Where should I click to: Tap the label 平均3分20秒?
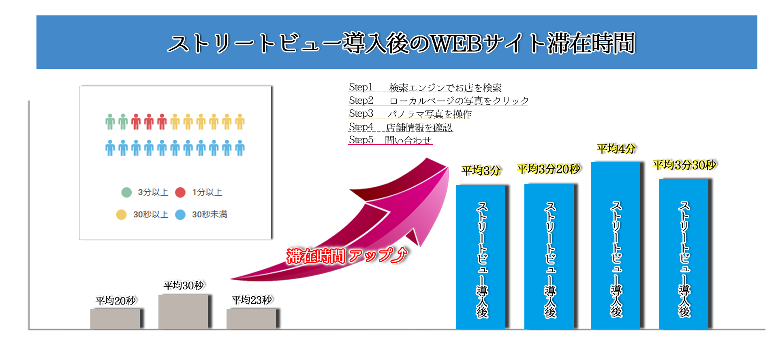(x=549, y=169)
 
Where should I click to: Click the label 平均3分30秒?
(x=684, y=165)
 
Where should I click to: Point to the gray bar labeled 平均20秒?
(x=115, y=319)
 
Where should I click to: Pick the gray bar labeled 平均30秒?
(x=183, y=311)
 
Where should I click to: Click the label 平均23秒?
(x=251, y=300)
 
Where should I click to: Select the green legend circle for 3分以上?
(x=126, y=192)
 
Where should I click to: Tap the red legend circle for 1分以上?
(x=180, y=192)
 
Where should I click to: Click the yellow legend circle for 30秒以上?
(x=121, y=214)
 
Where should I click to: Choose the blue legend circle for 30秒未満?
(x=180, y=214)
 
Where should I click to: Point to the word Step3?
(x=361, y=114)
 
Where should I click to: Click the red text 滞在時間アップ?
(x=346, y=256)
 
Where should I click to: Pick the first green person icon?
(x=110, y=122)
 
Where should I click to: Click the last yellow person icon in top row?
(x=240, y=122)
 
